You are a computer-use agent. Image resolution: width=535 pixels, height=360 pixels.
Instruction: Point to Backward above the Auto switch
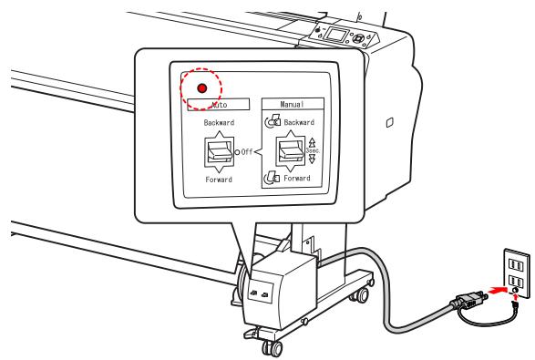click(218, 120)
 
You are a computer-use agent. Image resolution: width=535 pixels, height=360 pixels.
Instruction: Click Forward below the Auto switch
click(218, 180)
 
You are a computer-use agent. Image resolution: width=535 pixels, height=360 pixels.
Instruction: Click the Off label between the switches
click(252, 150)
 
